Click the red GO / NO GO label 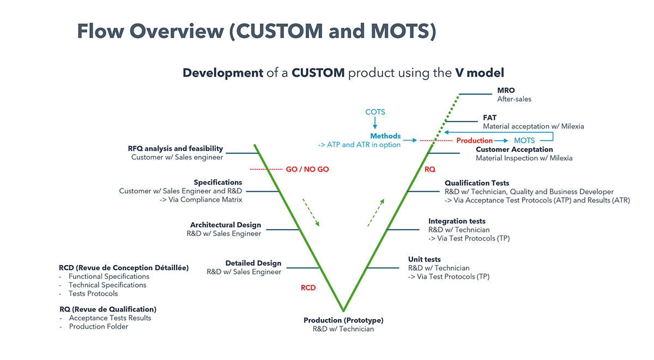pos(307,169)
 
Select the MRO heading pos(506,90)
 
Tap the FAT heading pos(489,118)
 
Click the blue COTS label pos(375,112)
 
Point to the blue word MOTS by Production pos(524,141)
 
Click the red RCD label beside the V pos(308,288)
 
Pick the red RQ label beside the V pos(430,169)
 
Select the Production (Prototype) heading pos(343,320)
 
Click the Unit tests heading pos(425,259)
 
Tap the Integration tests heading pos(457,221)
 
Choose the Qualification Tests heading pos(477,183)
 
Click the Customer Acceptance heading pos(514,149)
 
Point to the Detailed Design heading pos(253,263)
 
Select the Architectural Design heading pos(226,225)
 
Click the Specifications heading pos(218,182)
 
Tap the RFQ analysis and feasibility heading pos(175,149)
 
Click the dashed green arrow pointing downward pos(311,212)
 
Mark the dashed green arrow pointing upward pos(376,212)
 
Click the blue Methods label pos(385,136)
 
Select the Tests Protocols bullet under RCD pos(93,294)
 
